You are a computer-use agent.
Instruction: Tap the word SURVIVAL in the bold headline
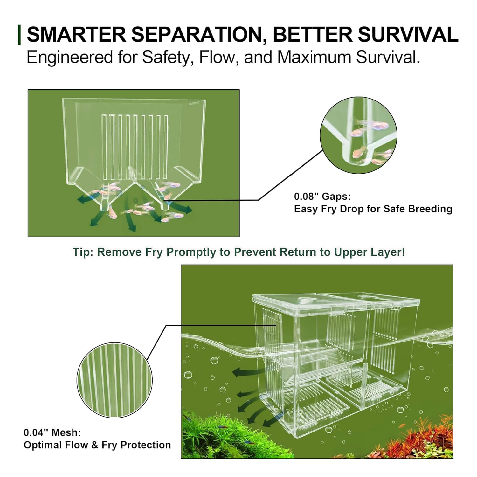tap(408, 34)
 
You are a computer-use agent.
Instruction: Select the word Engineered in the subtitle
tap(70, 58)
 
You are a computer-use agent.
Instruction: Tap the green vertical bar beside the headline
tap(20, 34)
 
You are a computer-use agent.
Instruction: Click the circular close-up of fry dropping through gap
tap(359, 135)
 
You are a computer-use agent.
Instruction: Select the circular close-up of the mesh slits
tap(115, 380)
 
